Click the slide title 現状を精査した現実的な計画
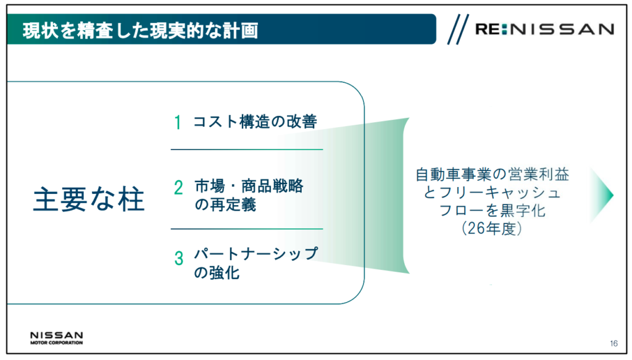pos(140,30)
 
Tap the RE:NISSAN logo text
pos(544,29)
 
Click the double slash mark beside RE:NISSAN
pos(458,29)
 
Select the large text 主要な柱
pos(89,199)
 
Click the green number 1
pos(177,122)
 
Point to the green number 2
pos(178,188)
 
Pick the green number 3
pos(178,258)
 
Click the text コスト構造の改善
pos(255,122)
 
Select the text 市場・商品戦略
pos(249,186)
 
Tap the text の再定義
pos(225,205)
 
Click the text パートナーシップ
pos(256,254)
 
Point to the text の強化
pos(217,273)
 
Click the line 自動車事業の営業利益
pos(492,175)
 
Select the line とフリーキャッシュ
pos(492,193)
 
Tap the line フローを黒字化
pos(492,211)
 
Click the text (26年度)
pos(492,228)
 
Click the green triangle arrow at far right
pos(602,195)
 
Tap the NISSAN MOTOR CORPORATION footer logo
pos(56,338)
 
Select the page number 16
pos(613,343)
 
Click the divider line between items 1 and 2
pos(247,149)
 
